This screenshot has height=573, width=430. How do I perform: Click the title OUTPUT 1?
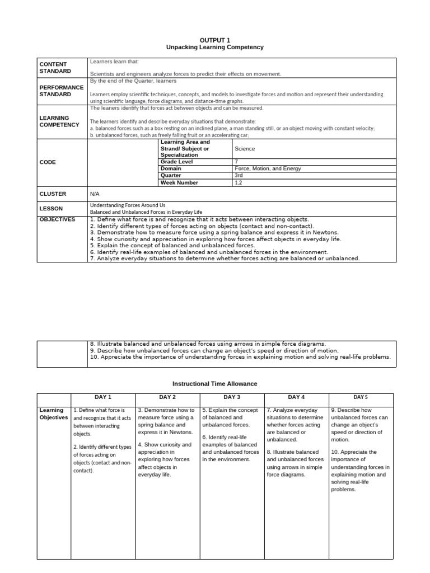pyautogui.click(x=214, y=40)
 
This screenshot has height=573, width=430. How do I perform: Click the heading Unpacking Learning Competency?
pyautogui.click(x=214, y=48)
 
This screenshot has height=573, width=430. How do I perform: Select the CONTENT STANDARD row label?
pyautogui.click(x=55, y=68)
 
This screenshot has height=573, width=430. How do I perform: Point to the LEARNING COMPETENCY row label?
pyautogui.click(x=59, y=121)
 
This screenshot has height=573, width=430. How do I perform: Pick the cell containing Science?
pyautogui.click(x=245, y=149)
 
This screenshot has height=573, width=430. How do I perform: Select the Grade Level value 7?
pyautogui.click(x=237, y=162)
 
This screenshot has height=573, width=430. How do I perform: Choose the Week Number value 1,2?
pyautogui.click(x=239, y=182)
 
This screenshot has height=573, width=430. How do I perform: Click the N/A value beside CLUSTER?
pyautogui.click(x=95, y=194)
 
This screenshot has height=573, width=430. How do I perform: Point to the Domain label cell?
pyautogui.click(x=171, y=168)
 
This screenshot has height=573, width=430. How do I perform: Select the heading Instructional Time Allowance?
pyautogui.click(x=214, y=383)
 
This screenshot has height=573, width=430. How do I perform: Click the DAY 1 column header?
pyautogui.click(x=103, y=397)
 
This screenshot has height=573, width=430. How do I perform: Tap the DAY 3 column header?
pyautogui.click(x=232, y=397)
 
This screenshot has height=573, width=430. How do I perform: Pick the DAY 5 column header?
pyautogui.click(x=361, y=397)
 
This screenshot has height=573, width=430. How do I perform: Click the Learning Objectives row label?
pyautogui.click(x=54, y=414)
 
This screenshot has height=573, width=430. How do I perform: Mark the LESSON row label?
pyautogui.click(x=51, y=209)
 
